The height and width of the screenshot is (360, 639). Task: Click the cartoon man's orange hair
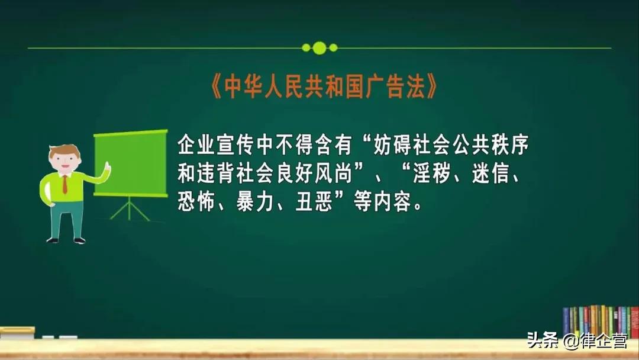coord(64,151)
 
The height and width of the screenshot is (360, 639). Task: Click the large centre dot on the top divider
coord(319,48)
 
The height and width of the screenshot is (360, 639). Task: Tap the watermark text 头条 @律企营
coord(576,342)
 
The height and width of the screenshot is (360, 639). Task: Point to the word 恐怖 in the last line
coord(195,203)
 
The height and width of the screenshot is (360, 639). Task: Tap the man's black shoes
coord(66,240)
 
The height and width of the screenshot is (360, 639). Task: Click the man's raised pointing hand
coord(107,168)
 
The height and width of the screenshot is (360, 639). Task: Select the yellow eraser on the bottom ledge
coord(17,332)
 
